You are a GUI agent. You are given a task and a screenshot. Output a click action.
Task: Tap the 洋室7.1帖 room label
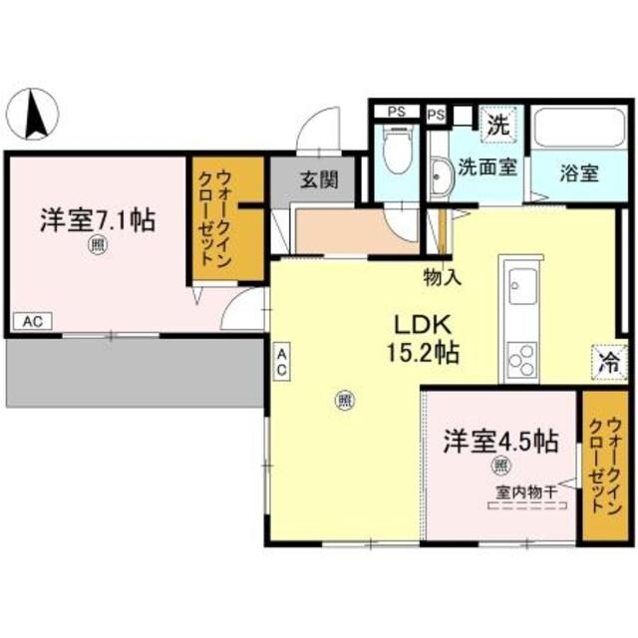[x=97, y=220]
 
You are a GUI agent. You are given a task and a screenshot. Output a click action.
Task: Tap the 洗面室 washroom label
[x=486, y=166]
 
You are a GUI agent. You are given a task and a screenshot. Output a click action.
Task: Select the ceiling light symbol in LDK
[x=344, y=401]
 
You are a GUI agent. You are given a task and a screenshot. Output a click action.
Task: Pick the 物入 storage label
[x=441, y=277]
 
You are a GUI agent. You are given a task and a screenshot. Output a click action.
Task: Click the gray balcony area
[x=130, y=370]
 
